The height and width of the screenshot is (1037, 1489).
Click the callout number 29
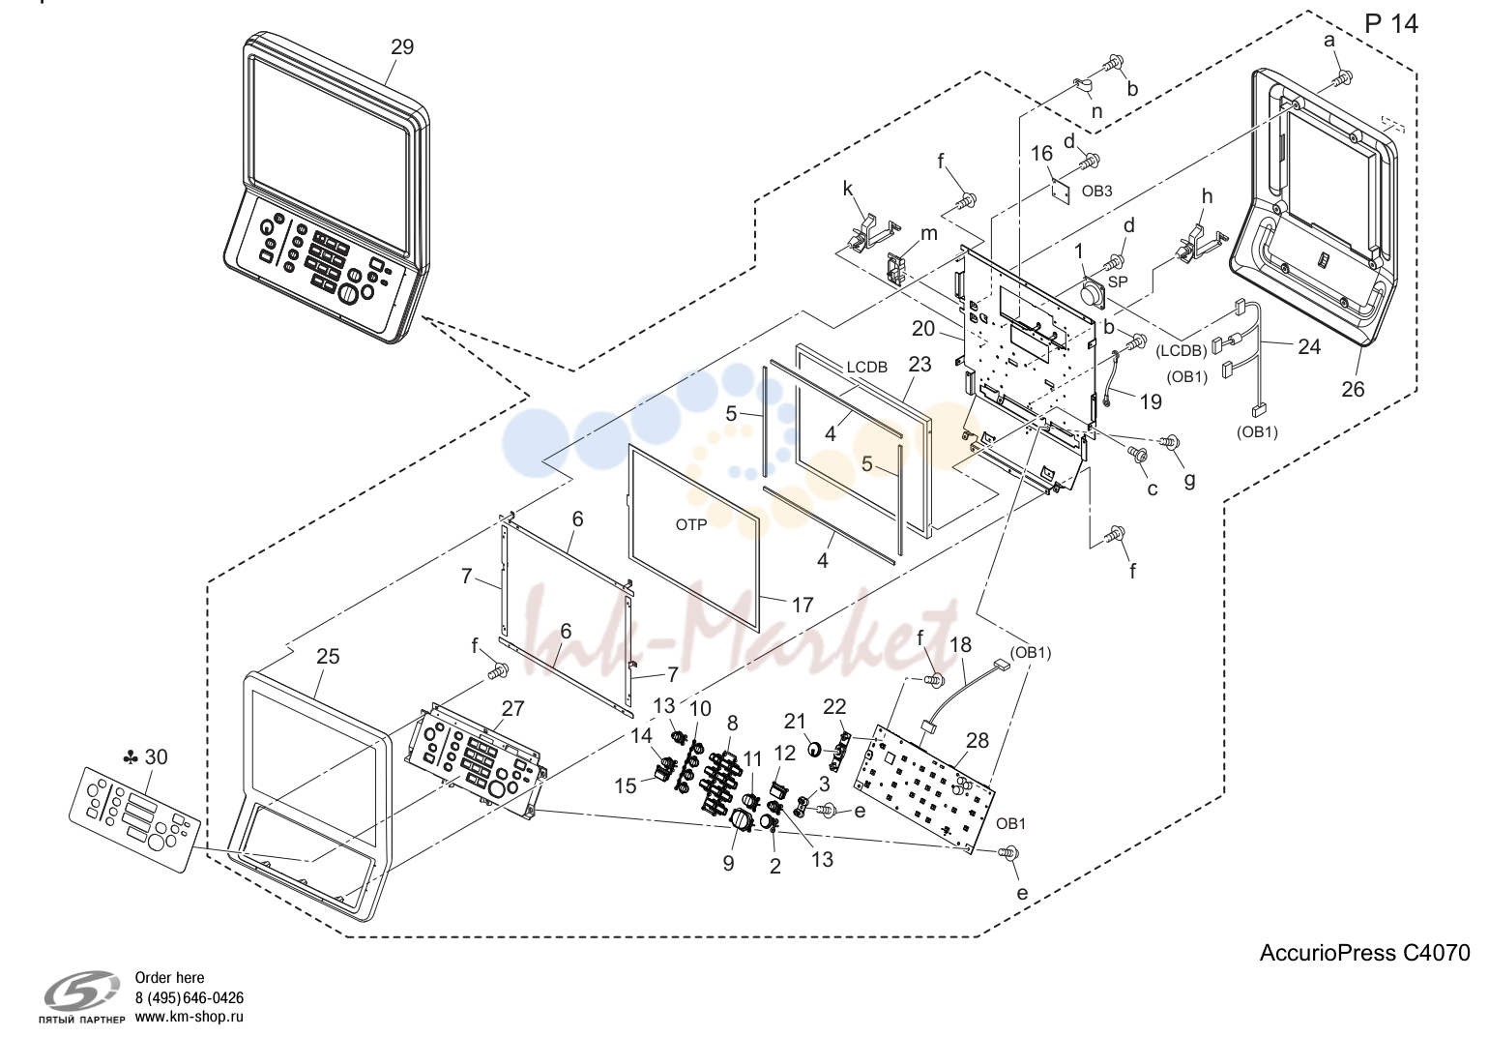click(x=402, y=47)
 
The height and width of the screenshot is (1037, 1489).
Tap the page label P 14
click(x=1391, y=24)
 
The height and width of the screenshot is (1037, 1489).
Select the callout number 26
click(x=1353, y=389)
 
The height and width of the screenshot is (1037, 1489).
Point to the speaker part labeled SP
click(x=1091, y=294)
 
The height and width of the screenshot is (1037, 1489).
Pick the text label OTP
click(x=691, y=525)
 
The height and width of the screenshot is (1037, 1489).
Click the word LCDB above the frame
click(x=866, y=368)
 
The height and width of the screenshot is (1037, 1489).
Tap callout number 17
click(x=803, y=605)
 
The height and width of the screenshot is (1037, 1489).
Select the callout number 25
click(x=328, y=657)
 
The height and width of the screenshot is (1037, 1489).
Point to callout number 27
click(x=512, y=709)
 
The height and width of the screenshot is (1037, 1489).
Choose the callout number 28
click(x=978, y=740)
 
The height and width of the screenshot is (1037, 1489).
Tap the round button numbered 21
click(x=815, y=749)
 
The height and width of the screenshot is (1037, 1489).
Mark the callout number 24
click(x=1309, y=346)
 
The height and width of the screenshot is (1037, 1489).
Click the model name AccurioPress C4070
click(x=1364, y=953)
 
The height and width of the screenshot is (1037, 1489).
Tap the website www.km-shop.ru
click(x=190, y=1017)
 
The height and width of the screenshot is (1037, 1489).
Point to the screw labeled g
click(x=1169, y=441)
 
